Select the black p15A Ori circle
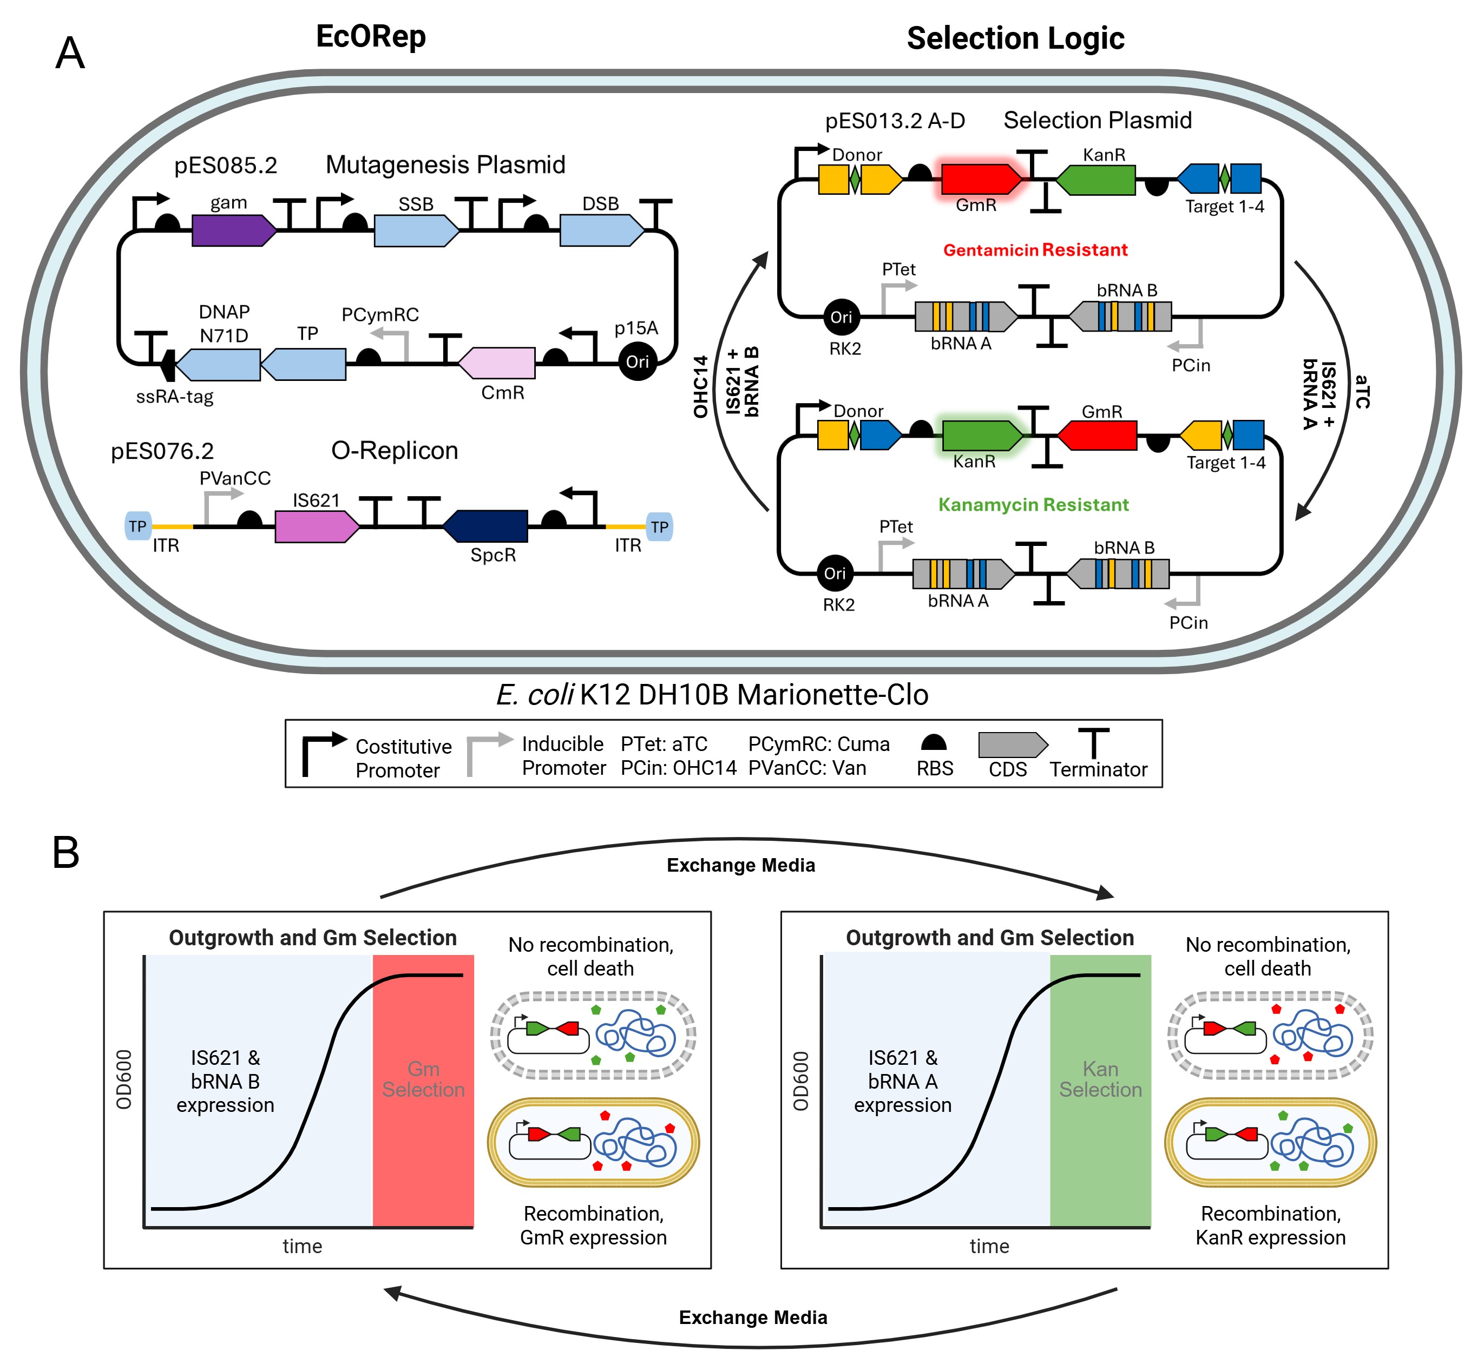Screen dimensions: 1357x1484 [637, 361]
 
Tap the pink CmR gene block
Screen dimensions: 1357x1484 [497, 363]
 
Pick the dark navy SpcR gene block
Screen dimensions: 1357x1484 [486, 525]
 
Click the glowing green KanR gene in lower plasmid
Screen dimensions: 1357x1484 [981, 436]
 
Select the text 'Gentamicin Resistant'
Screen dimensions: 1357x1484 [1035, 250]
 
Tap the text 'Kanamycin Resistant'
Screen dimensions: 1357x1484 [1033, 505]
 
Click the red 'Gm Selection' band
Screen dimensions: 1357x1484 [423, 1089]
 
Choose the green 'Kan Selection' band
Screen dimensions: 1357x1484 [1100, 1089]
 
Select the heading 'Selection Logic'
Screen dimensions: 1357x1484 [1015, 38]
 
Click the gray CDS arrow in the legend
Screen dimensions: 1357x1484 [1012, 745]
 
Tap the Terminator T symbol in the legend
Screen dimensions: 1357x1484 [1094, 743]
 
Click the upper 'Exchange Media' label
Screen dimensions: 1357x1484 [740, 865]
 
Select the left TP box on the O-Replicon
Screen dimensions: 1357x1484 [137, 526]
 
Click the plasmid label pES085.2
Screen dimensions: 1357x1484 [225, 166]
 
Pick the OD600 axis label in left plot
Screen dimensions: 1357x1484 [123, 1079]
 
